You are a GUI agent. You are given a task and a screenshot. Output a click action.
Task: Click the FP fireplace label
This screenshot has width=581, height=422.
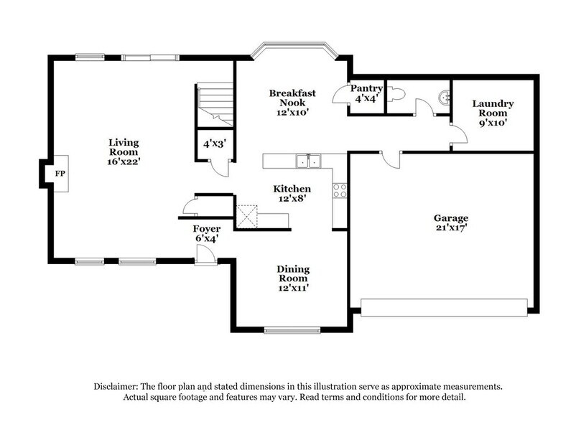(58, 173)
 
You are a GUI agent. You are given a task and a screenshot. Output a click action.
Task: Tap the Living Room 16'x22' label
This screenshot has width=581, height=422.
(124, 151)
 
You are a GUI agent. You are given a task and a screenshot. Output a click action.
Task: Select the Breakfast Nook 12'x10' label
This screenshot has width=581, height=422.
(289, 103)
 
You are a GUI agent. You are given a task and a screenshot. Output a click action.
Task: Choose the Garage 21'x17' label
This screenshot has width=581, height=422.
(450, 223)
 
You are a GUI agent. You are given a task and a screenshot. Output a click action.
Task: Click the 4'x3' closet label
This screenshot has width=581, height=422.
(215, 144)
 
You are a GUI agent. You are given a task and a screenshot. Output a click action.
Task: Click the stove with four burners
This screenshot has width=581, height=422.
(340, 190)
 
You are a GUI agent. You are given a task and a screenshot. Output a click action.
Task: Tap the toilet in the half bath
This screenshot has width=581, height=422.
(399, 94)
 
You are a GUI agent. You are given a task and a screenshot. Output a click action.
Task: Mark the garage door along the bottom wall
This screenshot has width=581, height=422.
(447, 309)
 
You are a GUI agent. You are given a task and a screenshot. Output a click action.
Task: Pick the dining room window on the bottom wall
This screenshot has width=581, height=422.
(282, 330)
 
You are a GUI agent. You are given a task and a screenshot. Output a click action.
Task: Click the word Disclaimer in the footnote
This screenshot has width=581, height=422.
(118, 385)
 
